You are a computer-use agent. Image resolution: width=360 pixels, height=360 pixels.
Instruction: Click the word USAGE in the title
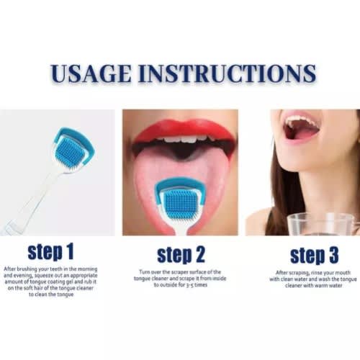(x=91, y=73)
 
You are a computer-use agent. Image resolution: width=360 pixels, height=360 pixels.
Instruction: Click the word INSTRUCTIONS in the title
(x=227, y=73)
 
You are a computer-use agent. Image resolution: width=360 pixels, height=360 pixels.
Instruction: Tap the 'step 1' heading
(x=50, y=253)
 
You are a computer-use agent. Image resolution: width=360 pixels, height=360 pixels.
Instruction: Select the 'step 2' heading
(x=181, y=255)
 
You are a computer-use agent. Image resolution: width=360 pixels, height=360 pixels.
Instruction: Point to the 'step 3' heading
(x=314, y=255)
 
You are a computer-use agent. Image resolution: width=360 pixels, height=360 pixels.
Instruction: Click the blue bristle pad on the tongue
(x=178, y=204)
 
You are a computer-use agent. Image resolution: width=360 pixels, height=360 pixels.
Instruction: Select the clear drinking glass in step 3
(x=323, y=224)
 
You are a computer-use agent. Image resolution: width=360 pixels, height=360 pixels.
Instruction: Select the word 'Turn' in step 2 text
(x=145, y=272)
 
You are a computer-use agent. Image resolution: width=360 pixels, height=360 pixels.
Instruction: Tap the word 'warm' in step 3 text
(x=321, y=286)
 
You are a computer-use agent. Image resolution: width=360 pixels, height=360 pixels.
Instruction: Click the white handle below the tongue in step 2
(x=181, y=228)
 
